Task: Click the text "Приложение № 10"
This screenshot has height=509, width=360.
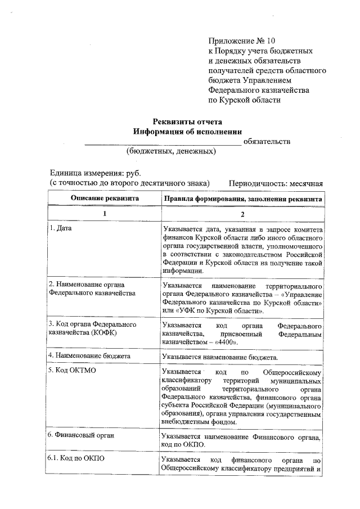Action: click(242, 41)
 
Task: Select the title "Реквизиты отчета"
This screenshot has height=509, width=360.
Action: click(188, 121)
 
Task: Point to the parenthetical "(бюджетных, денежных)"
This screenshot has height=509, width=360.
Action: click(170, 151)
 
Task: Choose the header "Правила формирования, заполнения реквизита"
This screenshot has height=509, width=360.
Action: click(242, 199)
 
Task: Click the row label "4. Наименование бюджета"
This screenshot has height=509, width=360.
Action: click(89, 356)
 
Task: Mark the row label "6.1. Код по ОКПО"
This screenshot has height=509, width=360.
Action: click(76, 458)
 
